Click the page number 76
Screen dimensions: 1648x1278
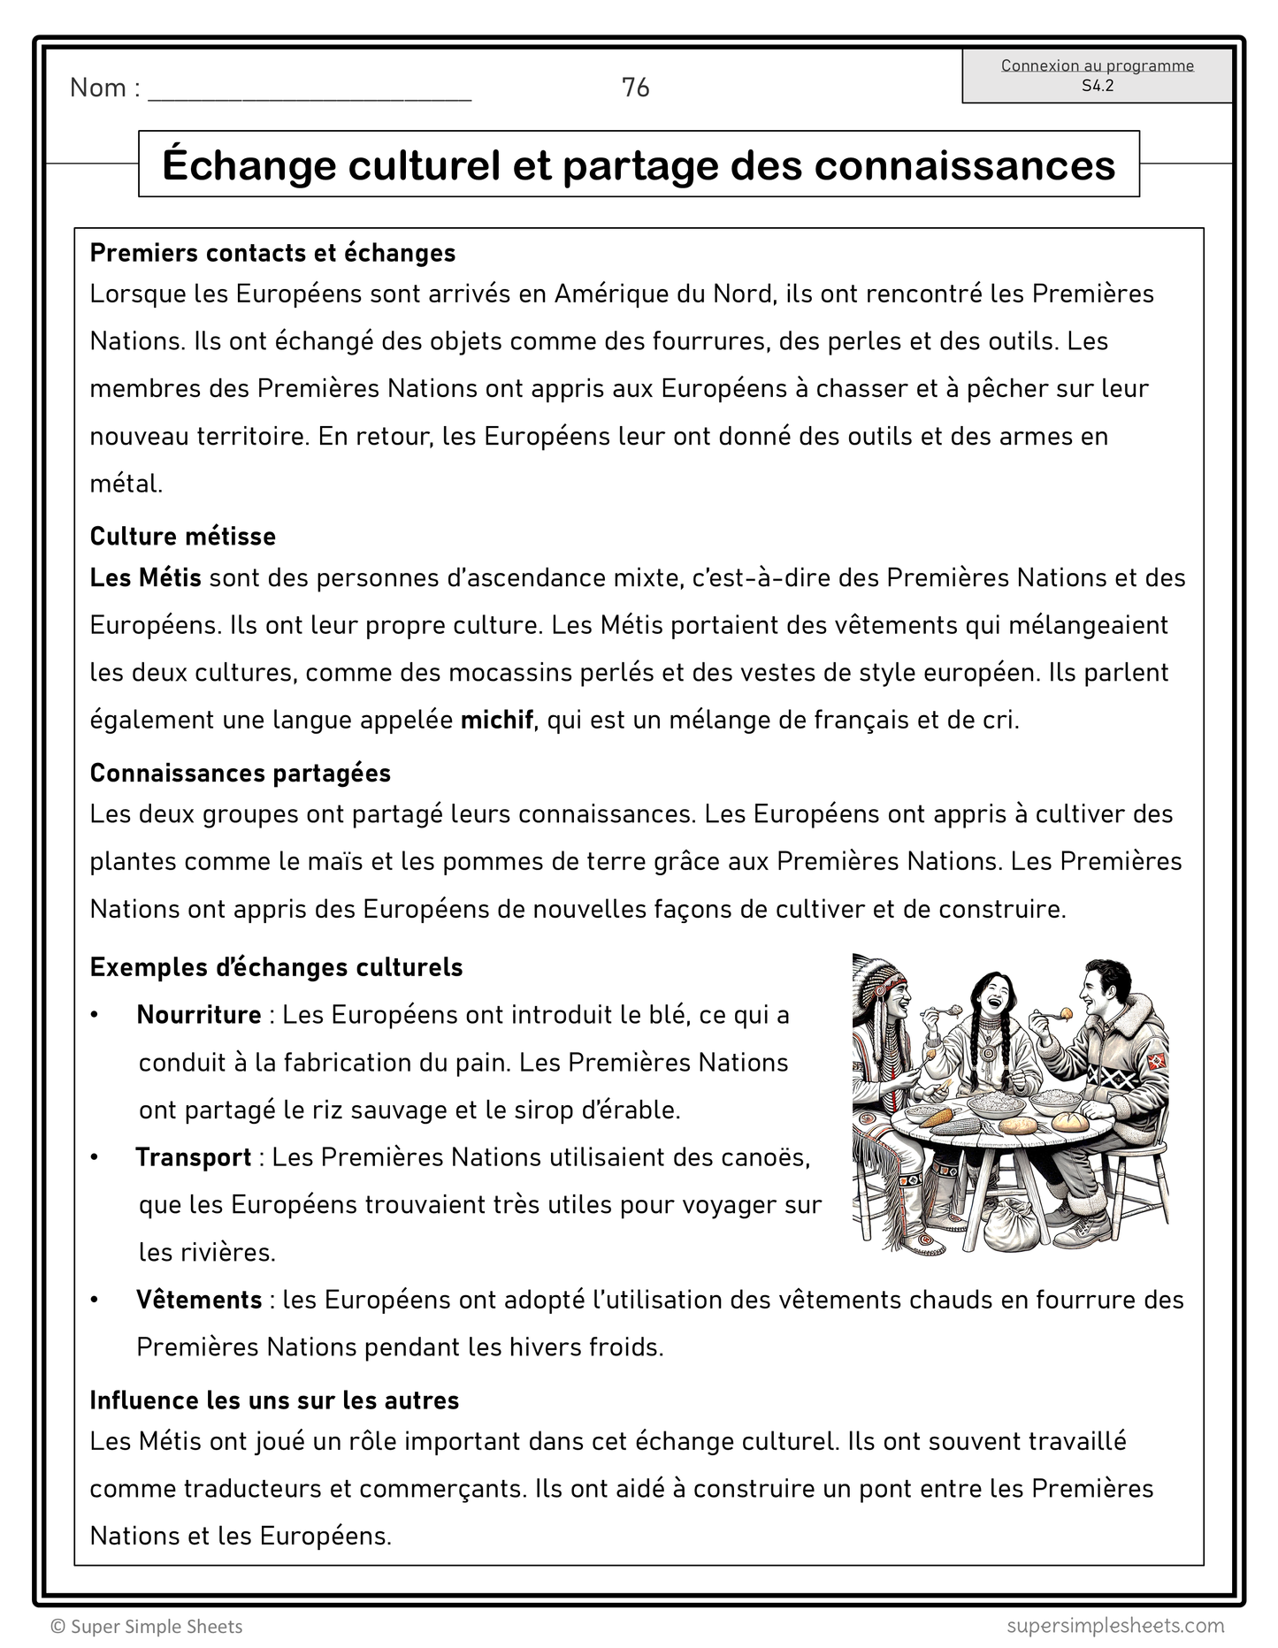coord(635,88)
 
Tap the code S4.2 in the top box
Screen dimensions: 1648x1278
coord(1097,86)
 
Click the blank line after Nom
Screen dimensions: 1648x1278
coord(310,92)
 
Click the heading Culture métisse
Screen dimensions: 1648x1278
coord(183,537)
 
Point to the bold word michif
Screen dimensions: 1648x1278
coord(496,720)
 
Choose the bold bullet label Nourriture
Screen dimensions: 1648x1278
coord(199,1015)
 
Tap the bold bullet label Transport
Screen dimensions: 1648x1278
coord(194,1157)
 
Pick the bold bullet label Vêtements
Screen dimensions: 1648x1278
coord(199,1300)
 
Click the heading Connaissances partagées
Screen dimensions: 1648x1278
coord(241,773)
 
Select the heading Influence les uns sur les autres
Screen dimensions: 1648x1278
coord(274,1400)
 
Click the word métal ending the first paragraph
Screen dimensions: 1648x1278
coord(126,484)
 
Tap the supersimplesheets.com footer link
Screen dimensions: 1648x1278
coord(1115,1625)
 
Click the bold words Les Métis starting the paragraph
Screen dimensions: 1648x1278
coord(146,578)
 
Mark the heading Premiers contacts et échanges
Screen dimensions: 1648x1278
coord(272,253)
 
